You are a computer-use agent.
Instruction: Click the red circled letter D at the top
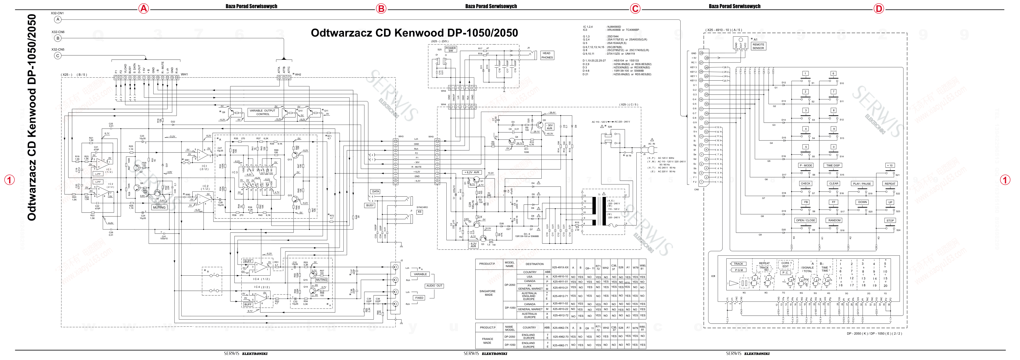pyautogui.click(x=878, y=8)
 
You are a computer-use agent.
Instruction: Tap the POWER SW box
pyautogui.click(x=451, y=49)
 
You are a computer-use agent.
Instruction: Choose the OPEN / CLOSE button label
pyautogui.click(x=805, y=220)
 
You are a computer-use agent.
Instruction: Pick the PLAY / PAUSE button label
pyautogui.click(x=862, y=184)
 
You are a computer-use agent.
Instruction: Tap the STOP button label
pyautogui.click(x=890, y=221)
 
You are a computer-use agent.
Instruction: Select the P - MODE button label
pyautogui.click(x=805, y=166)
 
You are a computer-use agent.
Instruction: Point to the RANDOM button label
pyautogui.click(x=834, y=220)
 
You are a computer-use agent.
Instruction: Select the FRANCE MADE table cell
pyautogui.click(x=488, y=341)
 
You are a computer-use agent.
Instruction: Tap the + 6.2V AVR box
pyautogui.click(x=472, y=172)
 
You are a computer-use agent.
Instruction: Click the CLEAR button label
pyautogui.click(x=834, y=183)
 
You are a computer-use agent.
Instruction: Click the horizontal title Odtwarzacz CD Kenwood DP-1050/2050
pyautogui.click(x=414, y=33)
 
